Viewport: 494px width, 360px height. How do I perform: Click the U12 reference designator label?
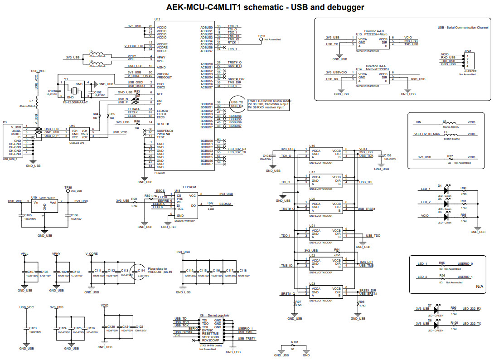pyautogui.click(x=157, y=20)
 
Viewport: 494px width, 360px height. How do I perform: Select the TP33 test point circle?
pyautogui.click(x=261, y=40)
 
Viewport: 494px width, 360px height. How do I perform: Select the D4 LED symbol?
pyautogui.click(x=447, y=190)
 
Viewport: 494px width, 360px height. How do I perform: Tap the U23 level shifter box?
pyautogui.click(x=325, y=291)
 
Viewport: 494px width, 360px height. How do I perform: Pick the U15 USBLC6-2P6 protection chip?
pyautogui.click(x=78, y=133)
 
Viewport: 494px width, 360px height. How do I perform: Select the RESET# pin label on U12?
pyautogui.click(x=163, y=124)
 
